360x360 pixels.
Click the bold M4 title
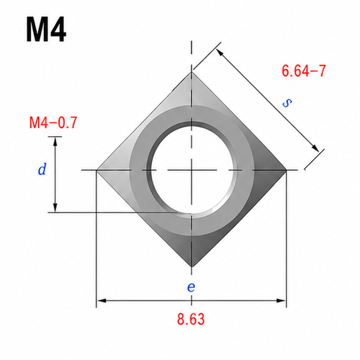coord(46,30)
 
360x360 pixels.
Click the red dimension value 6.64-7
coord(304,71)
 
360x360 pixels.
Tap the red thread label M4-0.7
coord(53,122)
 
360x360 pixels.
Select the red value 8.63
coord(191,319)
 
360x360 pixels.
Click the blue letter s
coord(287,103)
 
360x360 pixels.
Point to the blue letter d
coord(42,169)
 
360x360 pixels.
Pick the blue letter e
coord(191,287)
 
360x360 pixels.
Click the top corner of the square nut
coord(192,72)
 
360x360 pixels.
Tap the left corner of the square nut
coord(96,170)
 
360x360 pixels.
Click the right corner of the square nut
coord(287,170)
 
